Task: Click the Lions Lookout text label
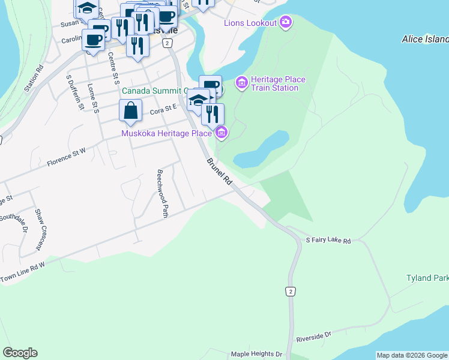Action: pos(250,23)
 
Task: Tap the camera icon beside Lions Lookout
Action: pos(286,23)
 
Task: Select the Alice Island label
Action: pos(425,39)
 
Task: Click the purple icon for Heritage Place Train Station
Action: pos(242,83)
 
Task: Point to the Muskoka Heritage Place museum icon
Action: pos(221,133)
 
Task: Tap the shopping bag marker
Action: pos(130,111)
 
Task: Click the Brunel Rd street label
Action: pos(219,171)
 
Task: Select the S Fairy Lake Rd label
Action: pos(328,240)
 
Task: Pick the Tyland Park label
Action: pos(427,279)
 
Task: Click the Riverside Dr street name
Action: pos(314,337)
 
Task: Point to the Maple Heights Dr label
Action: pos(257,355)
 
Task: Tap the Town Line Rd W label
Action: pos(23,271)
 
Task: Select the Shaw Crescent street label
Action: pos(40,229)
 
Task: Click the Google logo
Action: pos(20,353)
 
